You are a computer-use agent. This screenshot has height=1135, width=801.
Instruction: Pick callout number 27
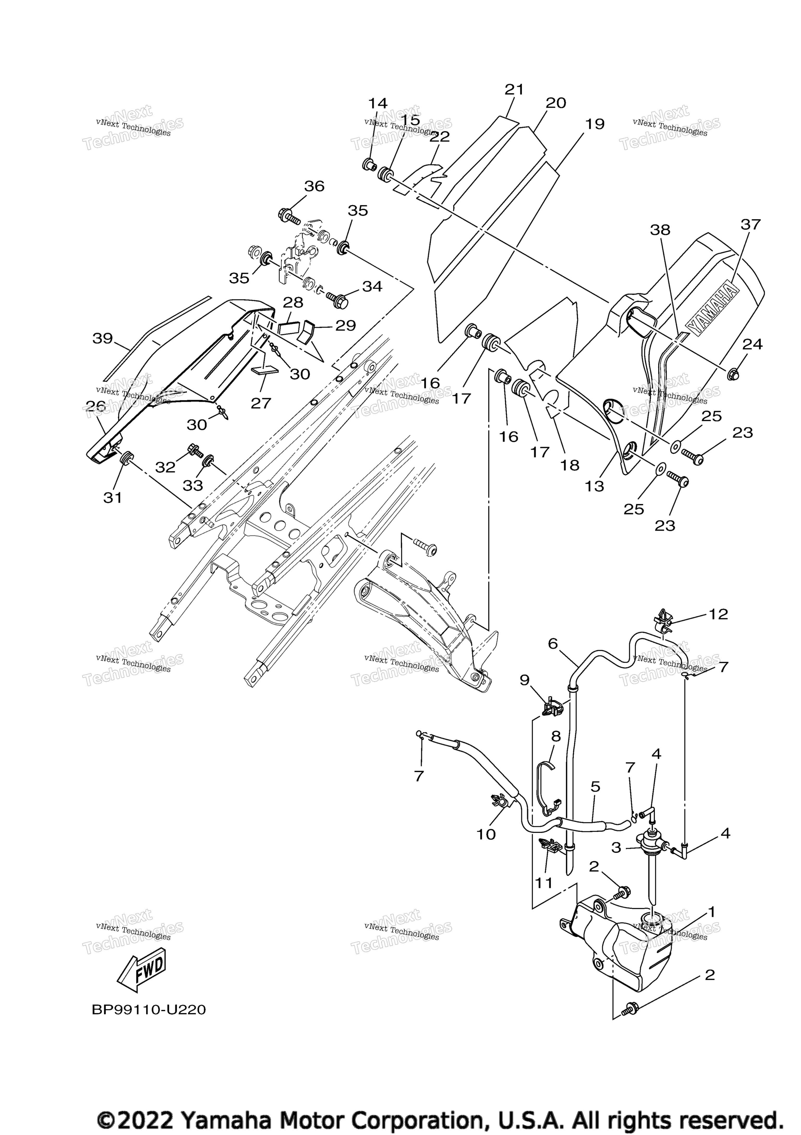pyautogui.click(x=261, y=403)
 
